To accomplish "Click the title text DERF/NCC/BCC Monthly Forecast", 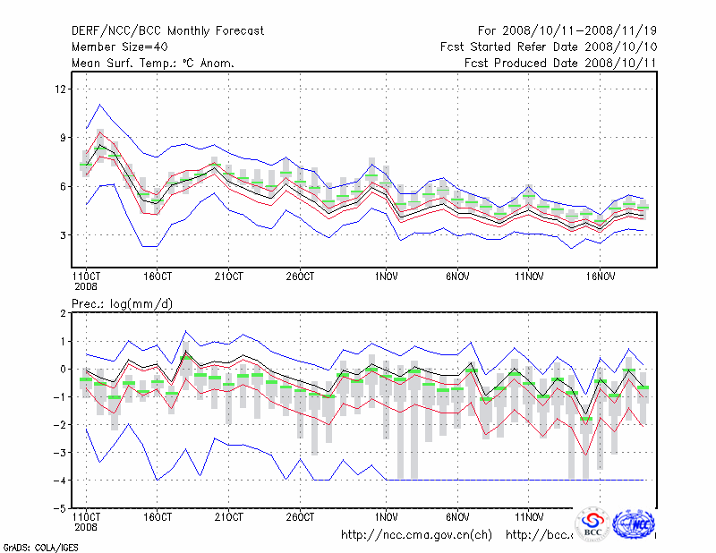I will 168,31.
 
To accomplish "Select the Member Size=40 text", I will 119,47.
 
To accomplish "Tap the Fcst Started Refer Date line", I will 549,47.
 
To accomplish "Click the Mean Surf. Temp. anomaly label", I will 153,63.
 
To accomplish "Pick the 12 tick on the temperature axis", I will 62,89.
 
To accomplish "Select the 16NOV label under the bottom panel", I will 599,516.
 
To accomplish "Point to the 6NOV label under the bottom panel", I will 457,516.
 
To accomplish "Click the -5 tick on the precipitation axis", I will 60,507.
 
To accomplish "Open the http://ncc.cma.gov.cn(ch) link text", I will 417,535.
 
